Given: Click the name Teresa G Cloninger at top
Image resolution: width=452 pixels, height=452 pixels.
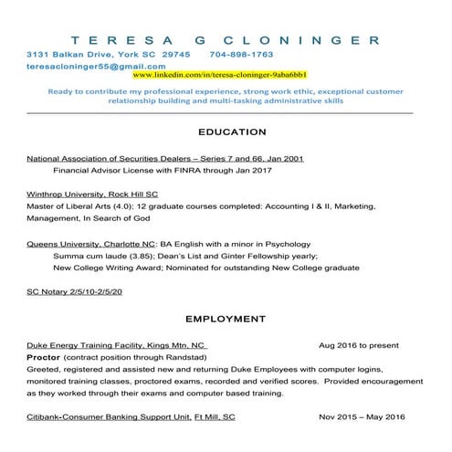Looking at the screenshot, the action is pyautogui.click(x=226, y=39).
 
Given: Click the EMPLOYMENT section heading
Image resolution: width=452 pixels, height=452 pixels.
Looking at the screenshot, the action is pyautogui.click(x=225, y=320).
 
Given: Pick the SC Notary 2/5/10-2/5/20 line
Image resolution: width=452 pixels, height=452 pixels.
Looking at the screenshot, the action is pyautogui.click(x=74, y=293).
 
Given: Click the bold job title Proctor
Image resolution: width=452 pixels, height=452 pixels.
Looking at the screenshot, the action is pyautogui.click(x=44, y=358).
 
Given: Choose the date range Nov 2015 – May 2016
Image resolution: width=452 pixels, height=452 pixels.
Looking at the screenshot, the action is pyautogui.click(x=362, y=416).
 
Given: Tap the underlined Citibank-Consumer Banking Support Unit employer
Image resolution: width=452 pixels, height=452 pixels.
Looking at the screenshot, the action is pyautogui.click(x=131, y=416).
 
